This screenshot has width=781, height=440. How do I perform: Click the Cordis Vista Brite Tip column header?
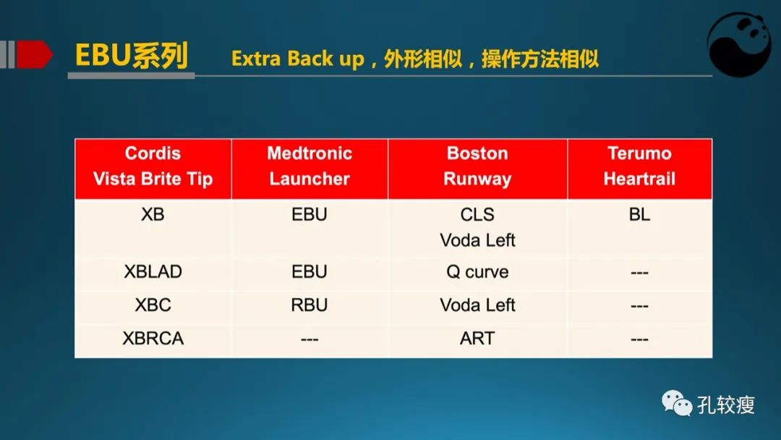click(153, 169)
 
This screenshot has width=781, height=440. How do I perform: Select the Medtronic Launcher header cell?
click(310, 169)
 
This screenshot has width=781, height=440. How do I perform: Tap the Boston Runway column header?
click(477, 169)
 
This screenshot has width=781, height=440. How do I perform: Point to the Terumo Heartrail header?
click(639, 169)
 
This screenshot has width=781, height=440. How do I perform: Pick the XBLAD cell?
click(153, 271)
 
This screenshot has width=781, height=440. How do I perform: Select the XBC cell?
click(153, 305)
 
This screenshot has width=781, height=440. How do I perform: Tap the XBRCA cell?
click(153, 338)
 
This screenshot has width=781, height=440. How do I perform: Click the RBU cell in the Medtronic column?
click(310, 305)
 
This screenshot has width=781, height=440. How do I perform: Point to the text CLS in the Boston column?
click(477, 214)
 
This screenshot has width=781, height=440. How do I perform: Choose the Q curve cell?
click(477, 271)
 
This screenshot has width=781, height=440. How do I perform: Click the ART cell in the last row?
click(477, 338)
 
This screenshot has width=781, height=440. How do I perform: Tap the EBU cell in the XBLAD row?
click(310, 271)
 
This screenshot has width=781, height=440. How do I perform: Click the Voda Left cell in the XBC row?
click(477, 305)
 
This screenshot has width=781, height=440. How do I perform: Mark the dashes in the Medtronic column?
click(310, 339)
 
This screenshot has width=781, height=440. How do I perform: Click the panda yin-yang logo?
click(739, 45)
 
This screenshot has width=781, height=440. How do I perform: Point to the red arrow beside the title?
click(35, 54)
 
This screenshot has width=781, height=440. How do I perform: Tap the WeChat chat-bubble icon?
click(677, 402)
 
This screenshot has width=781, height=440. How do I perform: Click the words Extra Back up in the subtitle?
click(298, 59)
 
